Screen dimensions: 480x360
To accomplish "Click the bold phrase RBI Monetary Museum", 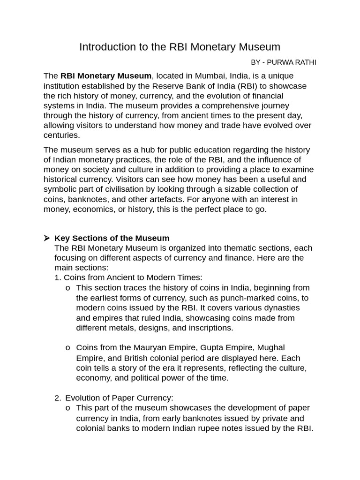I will coord(106,76).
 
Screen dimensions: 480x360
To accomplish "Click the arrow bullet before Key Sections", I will coord(47,238).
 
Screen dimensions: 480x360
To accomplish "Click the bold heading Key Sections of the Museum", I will coord(112,238).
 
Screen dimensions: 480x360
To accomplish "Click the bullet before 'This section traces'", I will coord(68,288).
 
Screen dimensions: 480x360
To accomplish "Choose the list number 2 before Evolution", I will coord(57,398).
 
